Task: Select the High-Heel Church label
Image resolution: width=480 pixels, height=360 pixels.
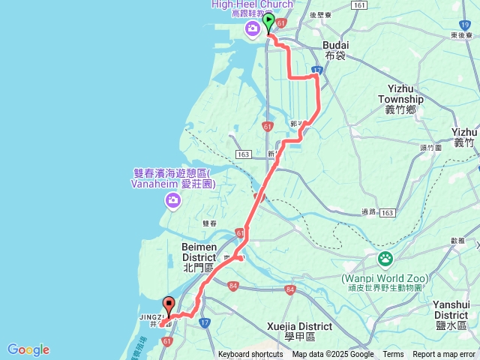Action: coord(250,4)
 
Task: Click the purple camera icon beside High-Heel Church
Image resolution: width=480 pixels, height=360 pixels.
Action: coord(253,29)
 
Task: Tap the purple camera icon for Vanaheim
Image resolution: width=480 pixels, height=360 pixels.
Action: coord(173,199)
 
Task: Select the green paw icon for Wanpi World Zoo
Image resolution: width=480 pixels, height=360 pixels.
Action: coord(385,259)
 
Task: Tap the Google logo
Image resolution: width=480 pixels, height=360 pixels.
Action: coord(28,349)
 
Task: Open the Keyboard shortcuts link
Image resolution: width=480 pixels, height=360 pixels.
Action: coord(250,355)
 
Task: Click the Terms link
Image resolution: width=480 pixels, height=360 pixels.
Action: coord(393,355)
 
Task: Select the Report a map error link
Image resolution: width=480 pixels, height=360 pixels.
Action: coord(444,355)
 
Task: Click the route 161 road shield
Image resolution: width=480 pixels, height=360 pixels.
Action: coord(359,4)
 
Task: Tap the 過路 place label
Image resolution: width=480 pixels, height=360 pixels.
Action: coord(368,212)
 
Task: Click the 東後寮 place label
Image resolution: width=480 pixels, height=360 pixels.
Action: coord(461,35)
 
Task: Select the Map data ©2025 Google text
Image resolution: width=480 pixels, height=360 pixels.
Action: coord(333,355)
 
